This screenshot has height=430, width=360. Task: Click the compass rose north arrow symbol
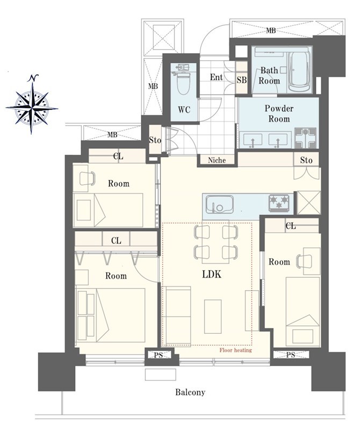[x=32, y=104]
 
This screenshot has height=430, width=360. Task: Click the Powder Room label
[x=279, y=113]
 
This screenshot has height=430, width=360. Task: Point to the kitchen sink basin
[x=220, y=204]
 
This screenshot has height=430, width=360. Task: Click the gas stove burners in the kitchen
[x=279, y=203]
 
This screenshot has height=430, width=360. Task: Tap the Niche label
[x=217, y=160]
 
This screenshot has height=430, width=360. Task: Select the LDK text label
[x=212, y=274]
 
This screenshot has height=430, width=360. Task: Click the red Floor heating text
[x=235, y=350]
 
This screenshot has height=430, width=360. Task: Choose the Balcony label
[x=190, y=392]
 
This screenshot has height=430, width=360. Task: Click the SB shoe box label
[x=242, y=80]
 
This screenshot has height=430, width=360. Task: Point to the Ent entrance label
[x=216, y=77]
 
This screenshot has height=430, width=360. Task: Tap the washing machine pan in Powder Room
[x=305, y=138]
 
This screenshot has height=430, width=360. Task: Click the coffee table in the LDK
[x=213, y=317]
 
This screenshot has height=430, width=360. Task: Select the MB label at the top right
[x=271, y=31]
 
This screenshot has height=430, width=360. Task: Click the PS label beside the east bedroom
[x=291, y=355]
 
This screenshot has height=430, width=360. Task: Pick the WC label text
[x=184, y=110]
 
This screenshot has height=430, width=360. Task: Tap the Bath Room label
[x=269, y=75]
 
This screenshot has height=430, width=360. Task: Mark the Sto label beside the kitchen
[x=306, y=160]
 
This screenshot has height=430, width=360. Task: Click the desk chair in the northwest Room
[x=88, y=178]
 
